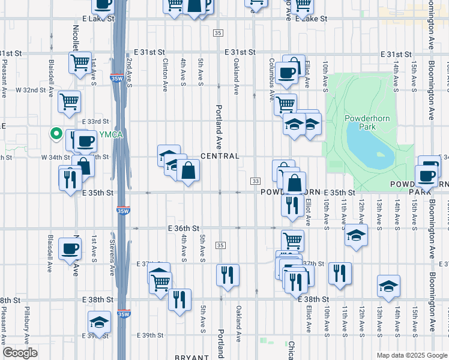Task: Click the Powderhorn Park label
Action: [x=368, y=122]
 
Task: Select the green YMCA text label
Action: [x=111, y=134]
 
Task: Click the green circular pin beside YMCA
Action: [x=56, y=134]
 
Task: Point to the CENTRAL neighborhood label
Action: [x=220, y=156]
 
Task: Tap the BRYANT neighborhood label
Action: [x=191, y=357]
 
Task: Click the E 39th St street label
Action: [x=150, y=335]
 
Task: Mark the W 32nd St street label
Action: [x=31, y=90]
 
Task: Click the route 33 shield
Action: [x=256, y=181]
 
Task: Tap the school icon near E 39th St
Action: [x=99, y=322]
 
